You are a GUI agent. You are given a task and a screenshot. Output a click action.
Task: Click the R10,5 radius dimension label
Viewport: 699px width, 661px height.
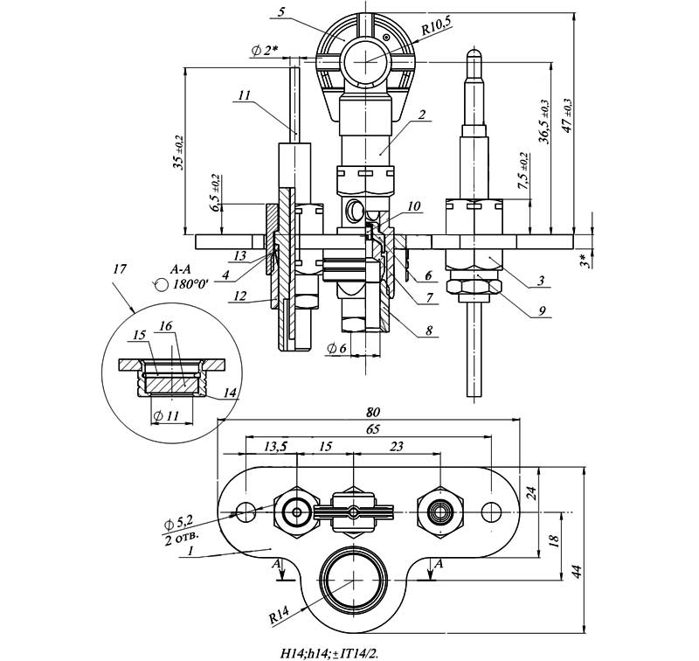[x=435, y=30]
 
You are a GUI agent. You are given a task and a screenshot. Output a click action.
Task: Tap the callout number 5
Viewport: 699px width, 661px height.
[x=280, y=12]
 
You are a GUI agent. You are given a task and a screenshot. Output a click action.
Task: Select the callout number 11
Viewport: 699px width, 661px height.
[x=244, y=95]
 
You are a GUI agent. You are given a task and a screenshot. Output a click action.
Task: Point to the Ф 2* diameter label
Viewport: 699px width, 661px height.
[x=264, y=51]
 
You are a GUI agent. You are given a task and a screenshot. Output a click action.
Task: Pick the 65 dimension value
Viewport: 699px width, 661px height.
[x=373, y=429]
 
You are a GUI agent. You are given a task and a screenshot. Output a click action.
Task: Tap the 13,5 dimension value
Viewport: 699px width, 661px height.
[x=275, y=446]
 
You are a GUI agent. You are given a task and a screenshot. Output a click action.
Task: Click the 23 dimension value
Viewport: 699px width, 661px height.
[x=397, y=446]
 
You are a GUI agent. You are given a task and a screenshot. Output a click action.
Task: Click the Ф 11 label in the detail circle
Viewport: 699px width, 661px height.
[x=166, y=416]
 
